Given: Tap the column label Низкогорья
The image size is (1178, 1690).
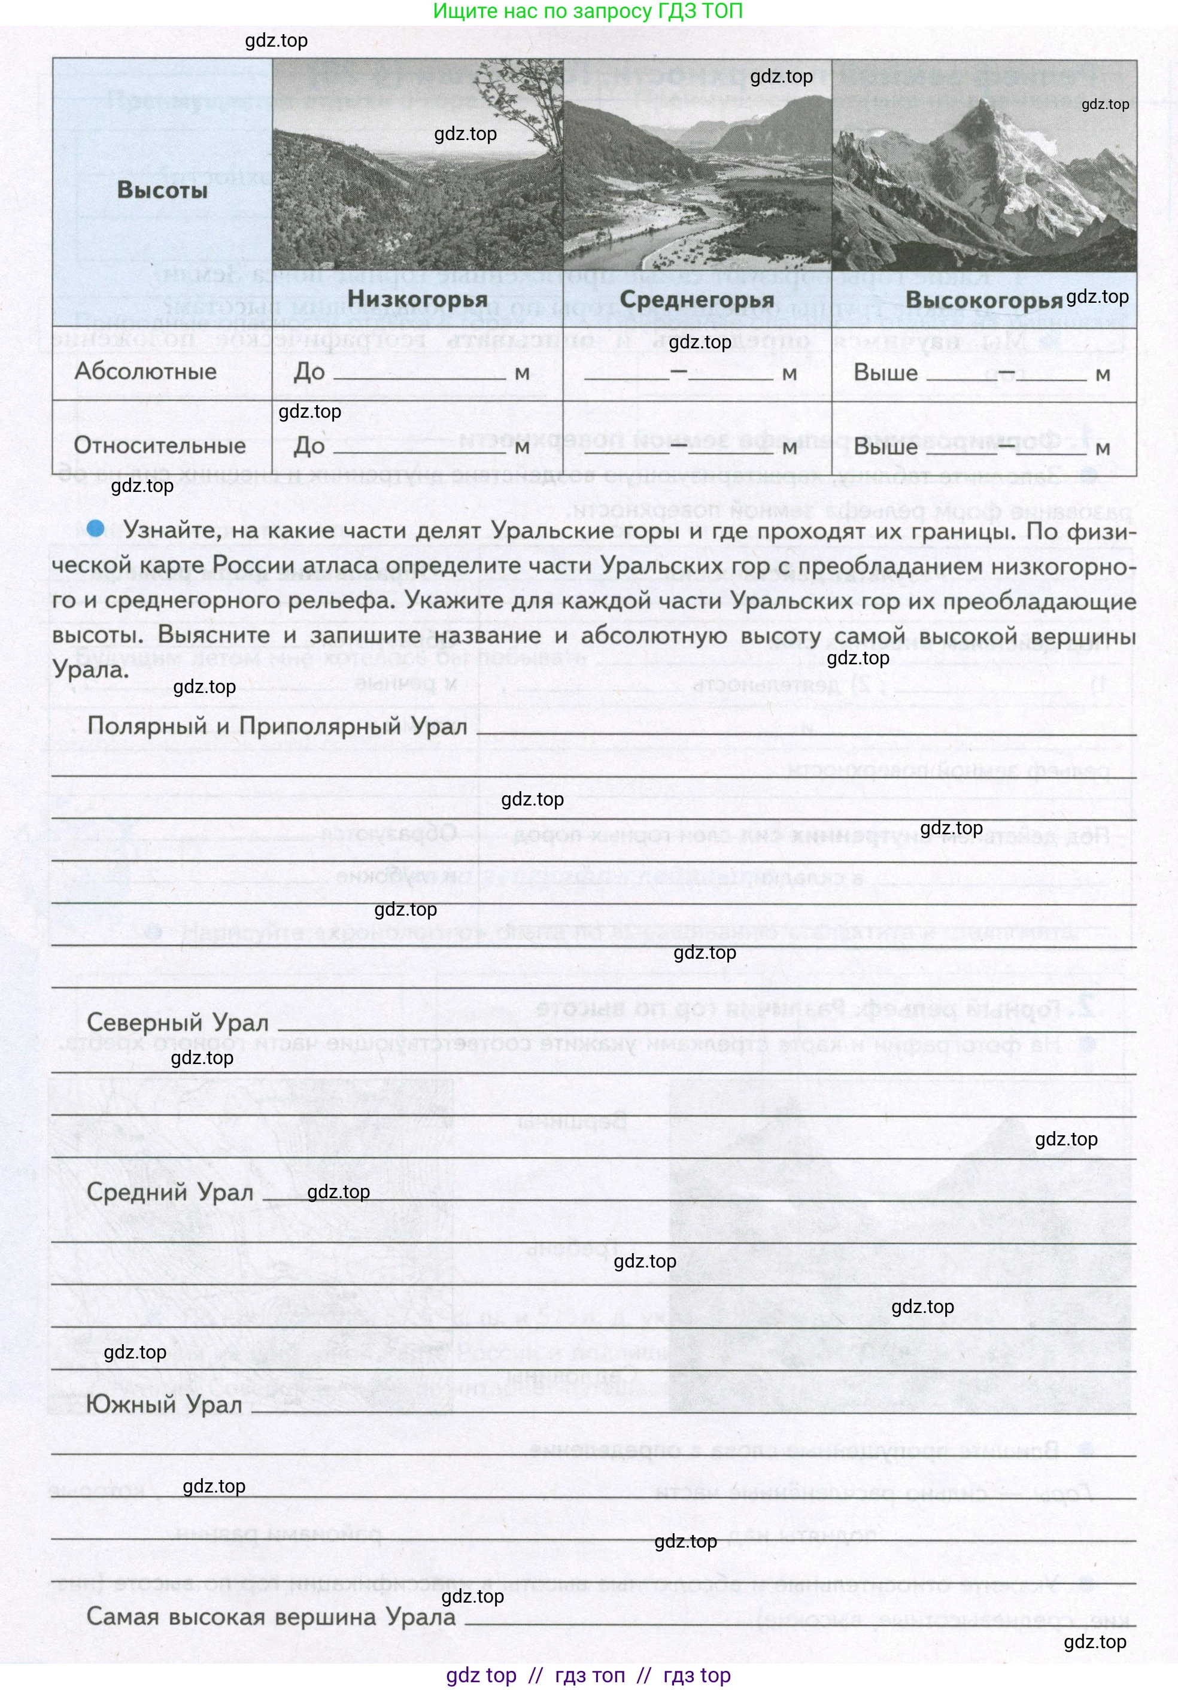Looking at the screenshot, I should click(x=417, y=299).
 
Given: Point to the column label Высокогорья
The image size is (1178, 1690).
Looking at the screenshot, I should click(x=983, y=300).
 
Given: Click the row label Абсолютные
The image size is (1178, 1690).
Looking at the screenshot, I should click(x=146, y=371).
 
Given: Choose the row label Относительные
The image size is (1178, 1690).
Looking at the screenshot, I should click(x=160, y=445).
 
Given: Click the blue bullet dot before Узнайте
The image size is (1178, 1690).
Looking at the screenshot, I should click(x=95, y=528).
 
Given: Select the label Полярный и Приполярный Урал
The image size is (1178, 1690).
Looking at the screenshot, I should click(x=277, y=726).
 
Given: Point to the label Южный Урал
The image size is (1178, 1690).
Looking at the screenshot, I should click(x=164, y=1405).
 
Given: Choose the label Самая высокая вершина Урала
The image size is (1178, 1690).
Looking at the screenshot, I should click(x=271, y=1616).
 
